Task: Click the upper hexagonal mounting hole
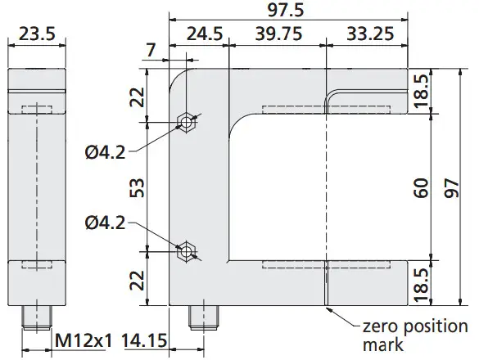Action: (x=187, y=123)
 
